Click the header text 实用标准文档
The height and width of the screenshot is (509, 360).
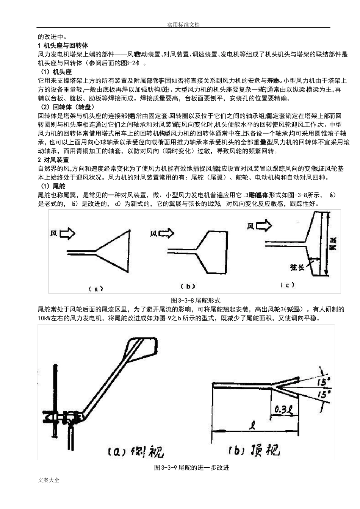tap(183, 25)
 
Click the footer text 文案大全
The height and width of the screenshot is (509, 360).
tap(49, 480)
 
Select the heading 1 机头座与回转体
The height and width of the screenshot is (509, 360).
tap(63, 46)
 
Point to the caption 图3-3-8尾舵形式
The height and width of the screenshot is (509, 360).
tap(196, 300)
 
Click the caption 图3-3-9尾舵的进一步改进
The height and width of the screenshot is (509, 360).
tap(191, 468)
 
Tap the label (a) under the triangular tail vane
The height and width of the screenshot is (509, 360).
tap(96, 289)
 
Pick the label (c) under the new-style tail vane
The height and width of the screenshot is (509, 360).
tap(287, 285)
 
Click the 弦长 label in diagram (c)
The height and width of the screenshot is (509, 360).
tap(297, 267)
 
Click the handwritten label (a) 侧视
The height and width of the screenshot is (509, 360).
tap(135, 452)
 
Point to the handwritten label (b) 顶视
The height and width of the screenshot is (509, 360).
tap(254, 450)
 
